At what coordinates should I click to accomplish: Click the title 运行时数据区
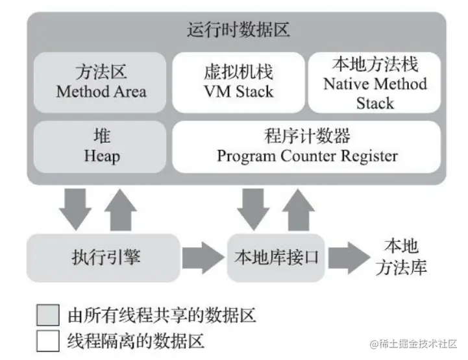237,29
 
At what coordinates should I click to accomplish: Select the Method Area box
101,82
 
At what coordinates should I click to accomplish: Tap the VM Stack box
238,82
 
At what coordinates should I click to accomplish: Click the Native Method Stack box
375,83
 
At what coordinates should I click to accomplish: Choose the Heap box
101,147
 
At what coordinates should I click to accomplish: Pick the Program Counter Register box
307,147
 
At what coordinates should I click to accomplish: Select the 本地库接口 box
276,258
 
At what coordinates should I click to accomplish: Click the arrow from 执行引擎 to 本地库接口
202,258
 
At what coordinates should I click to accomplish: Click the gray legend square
48,315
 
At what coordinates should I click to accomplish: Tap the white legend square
48,341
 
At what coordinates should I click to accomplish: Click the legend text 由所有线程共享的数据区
162,316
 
